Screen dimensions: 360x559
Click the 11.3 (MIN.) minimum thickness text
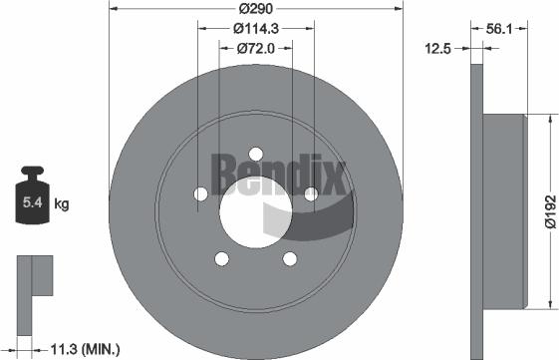point(85,348)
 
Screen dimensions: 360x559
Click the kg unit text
point(62,205)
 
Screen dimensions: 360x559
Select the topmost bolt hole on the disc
point(254,154)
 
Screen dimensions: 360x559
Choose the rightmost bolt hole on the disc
point(310,193)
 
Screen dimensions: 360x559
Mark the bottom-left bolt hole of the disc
point(220,258)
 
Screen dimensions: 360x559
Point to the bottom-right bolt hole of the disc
point(289,258)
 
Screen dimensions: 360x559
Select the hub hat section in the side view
point(504,209)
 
